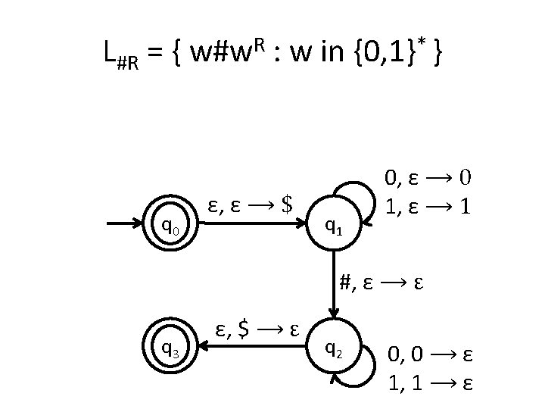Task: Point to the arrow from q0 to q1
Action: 250,224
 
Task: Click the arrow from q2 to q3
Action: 250,349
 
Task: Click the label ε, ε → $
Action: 250,203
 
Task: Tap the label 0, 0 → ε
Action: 431,354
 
